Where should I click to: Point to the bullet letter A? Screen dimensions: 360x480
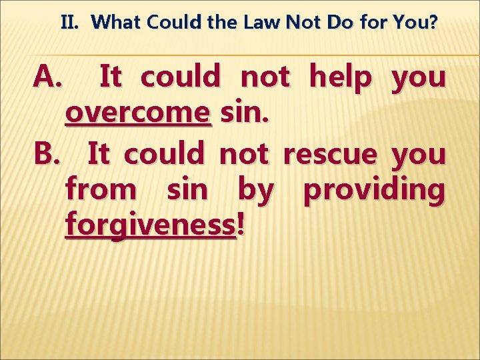pyautogui.click(x=48, y=78)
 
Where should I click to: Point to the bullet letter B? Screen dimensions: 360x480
pyautogui.click(x=48, y=154)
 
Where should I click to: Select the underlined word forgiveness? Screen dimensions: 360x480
pyautogui.click(x=151, y=225)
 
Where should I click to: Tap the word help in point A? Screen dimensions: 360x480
pyautogui.click(x=340, y=78)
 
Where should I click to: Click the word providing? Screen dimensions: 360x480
pyautogui.click(x=374, y=190)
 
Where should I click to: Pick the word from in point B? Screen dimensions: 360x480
pyautogui.click(x=100, y=190)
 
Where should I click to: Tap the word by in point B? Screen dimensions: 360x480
pyautogui.click(x=255, y=191)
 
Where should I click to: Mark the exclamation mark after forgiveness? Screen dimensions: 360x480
pyautogui.click(x=241, y=225)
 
